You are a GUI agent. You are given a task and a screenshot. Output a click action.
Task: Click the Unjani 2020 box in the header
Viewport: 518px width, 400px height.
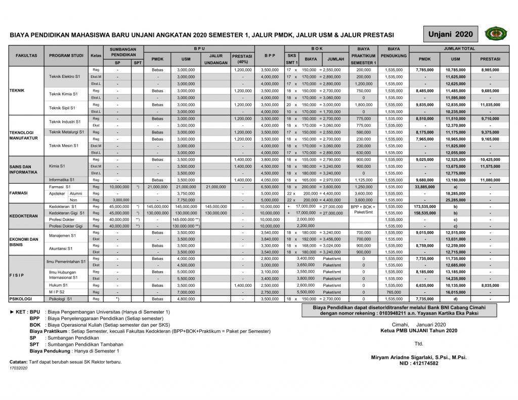tap(450, 34)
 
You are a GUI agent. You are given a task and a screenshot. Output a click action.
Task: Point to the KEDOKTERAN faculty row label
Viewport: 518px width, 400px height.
tap(24, 216)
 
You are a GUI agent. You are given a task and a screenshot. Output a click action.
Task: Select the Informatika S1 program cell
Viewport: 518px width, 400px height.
tap(62, 180)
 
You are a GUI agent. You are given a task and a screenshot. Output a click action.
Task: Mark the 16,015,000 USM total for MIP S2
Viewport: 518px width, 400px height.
tap(455, 292)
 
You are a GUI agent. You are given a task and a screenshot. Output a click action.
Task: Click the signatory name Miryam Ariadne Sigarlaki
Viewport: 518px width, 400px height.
tap(418, 357)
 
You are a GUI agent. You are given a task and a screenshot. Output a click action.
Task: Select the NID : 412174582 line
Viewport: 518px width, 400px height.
tap(418, 363)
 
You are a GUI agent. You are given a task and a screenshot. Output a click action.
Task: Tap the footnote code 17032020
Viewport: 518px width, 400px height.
tap(19, 368)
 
